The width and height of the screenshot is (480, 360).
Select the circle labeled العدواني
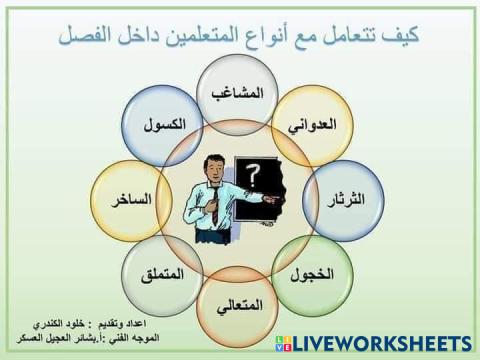coord(311,126)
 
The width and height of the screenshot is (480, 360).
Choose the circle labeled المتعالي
coord(240,304)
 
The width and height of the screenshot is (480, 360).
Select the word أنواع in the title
coord(296,36)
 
